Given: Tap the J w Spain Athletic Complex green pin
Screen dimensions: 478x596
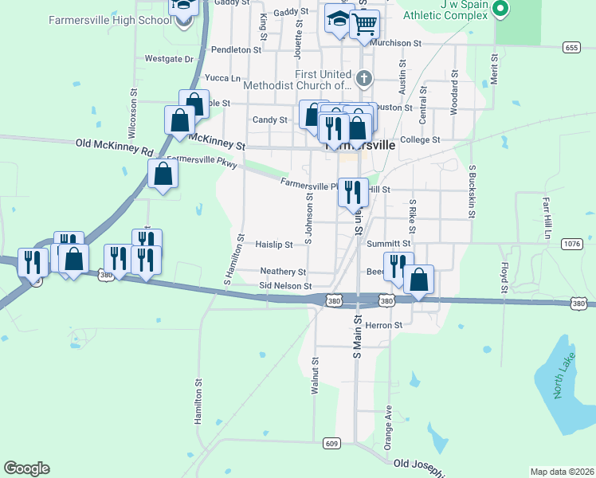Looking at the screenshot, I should pos(500,9).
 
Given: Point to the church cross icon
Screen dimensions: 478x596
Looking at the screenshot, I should pos(364,78).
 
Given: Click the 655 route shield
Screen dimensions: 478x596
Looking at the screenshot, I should pos(570,48).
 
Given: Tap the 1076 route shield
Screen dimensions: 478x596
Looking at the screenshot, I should pos(571,243).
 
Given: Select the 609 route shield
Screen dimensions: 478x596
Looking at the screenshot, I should pos(332,443).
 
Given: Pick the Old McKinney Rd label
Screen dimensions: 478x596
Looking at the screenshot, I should pos(114,147).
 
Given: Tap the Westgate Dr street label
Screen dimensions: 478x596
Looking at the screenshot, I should pos(169,59).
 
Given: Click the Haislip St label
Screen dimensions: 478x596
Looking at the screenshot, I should pos(275,244).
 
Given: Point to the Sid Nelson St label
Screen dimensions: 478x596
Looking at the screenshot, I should pos(284,285).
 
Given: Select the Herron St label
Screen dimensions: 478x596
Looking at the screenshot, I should pos(385,325).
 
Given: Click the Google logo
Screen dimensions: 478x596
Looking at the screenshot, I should pos(26,468).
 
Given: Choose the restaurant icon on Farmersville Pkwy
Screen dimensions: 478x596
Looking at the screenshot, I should pos(353,191).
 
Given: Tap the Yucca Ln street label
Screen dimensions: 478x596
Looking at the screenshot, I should pos(222,78).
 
